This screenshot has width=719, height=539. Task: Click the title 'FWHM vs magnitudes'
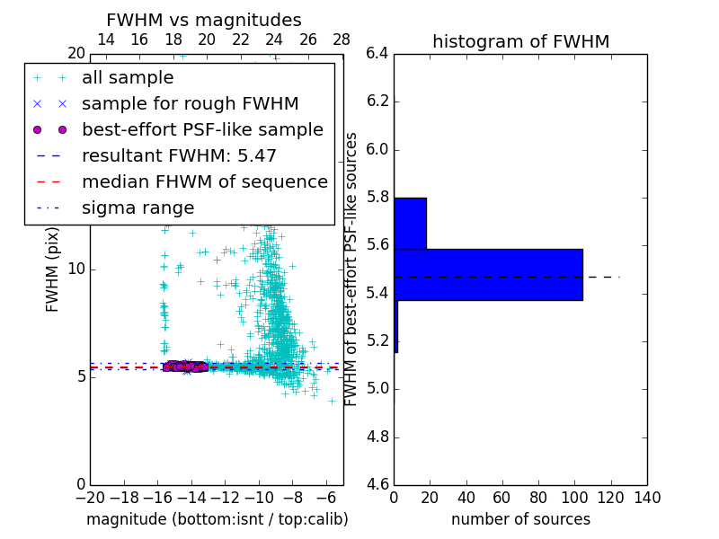204,21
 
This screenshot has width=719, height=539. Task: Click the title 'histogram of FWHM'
520,41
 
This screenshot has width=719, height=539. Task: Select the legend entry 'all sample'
128,78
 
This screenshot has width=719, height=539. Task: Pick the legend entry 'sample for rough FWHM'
190,104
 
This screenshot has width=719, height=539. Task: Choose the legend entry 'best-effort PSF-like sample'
202,130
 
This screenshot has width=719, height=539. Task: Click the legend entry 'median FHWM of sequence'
204,182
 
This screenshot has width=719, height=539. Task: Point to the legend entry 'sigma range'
138,208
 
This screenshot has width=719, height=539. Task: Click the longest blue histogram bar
488,275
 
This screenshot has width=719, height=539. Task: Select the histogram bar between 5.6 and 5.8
410,224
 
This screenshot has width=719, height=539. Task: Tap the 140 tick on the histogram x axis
647,498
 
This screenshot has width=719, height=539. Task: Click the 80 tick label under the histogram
538,498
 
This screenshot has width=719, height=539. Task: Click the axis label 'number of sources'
520,519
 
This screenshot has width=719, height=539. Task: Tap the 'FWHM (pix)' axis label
53,269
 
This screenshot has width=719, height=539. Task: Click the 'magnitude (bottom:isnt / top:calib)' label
217,519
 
